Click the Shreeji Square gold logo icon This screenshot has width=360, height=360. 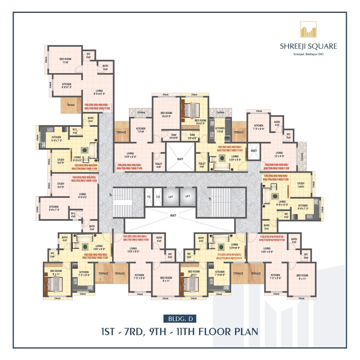pyautogui.click(x=308, y=29)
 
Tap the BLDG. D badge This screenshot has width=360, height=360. pyautogui.click(x=180, y=319)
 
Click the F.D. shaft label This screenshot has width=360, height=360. pyautogui.click(x=149, y=197)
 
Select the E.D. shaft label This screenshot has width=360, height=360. pyautogui.click(x=158, y=197)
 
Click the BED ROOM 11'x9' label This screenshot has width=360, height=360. pyautogui.click(x=65, y=61)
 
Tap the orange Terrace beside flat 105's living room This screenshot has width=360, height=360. pyautogui.click(x=71, y=105)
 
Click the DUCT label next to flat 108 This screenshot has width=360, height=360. pyautogui.click(x=254, y=151)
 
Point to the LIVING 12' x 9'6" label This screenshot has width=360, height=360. pyautogui.click(x=279, y=154)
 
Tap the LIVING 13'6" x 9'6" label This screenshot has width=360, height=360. pyautogui.click(x=99, y=247)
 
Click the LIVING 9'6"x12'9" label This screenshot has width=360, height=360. pyautogui.click(x=99, y=92)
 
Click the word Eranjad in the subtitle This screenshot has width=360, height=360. pyautogui.click(x=298, y=54)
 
